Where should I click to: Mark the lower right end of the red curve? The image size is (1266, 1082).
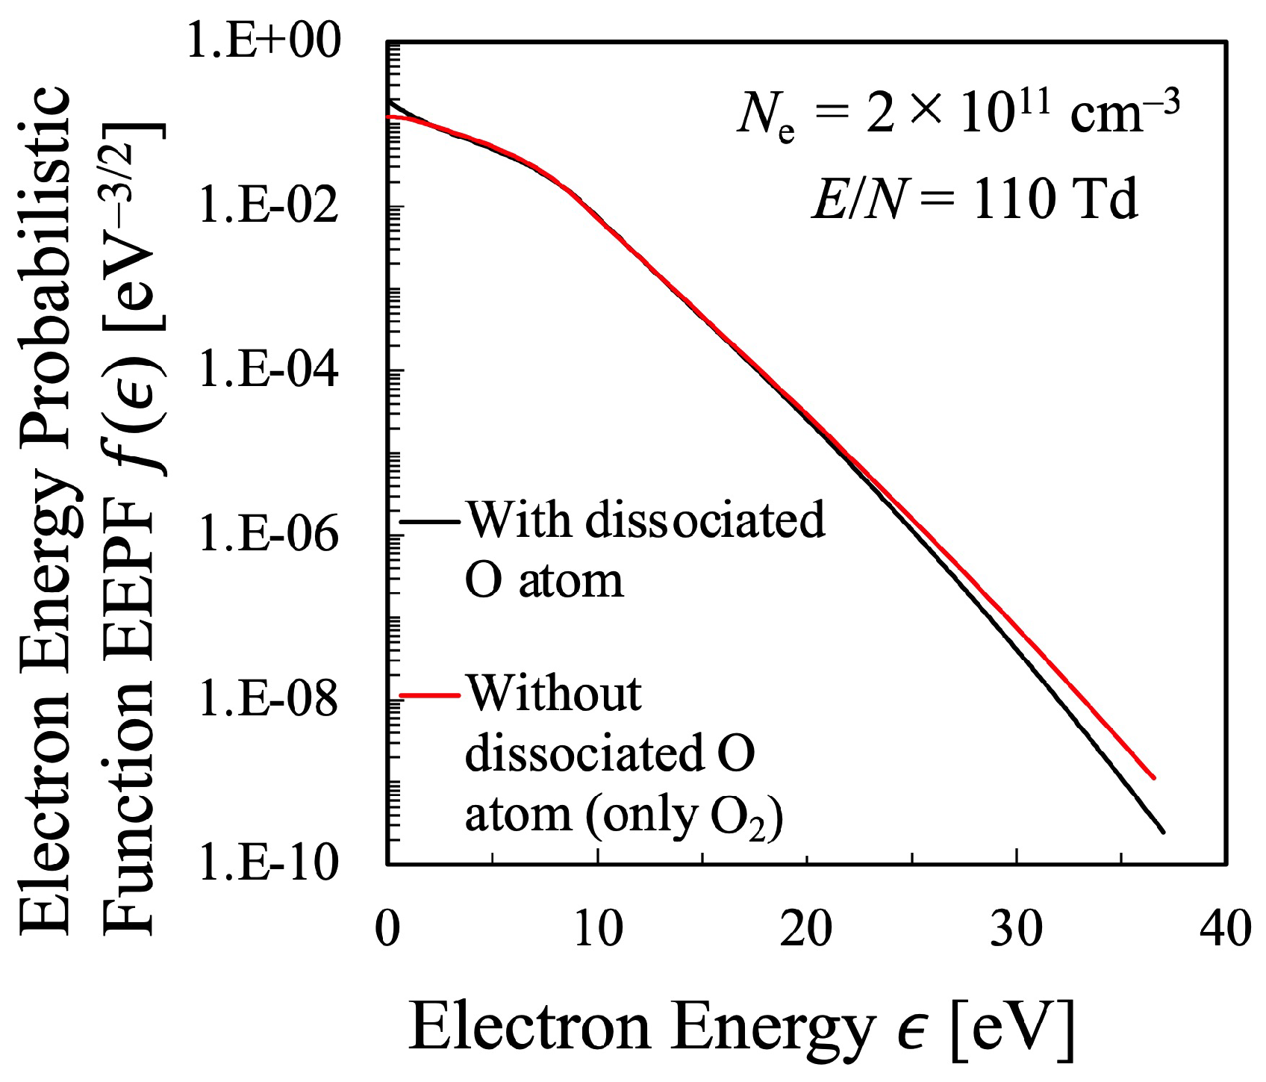click(1154, 777)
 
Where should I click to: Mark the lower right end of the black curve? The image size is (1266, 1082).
click(1162, 831)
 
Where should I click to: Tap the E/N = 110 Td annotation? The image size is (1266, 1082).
click(974, 200)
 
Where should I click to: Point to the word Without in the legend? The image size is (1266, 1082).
click(553, 694)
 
